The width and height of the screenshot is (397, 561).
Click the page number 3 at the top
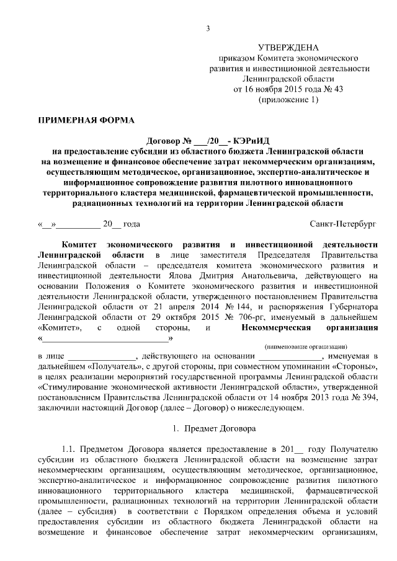click(208, 29)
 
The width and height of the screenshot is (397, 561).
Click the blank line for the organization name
click(105, 338)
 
